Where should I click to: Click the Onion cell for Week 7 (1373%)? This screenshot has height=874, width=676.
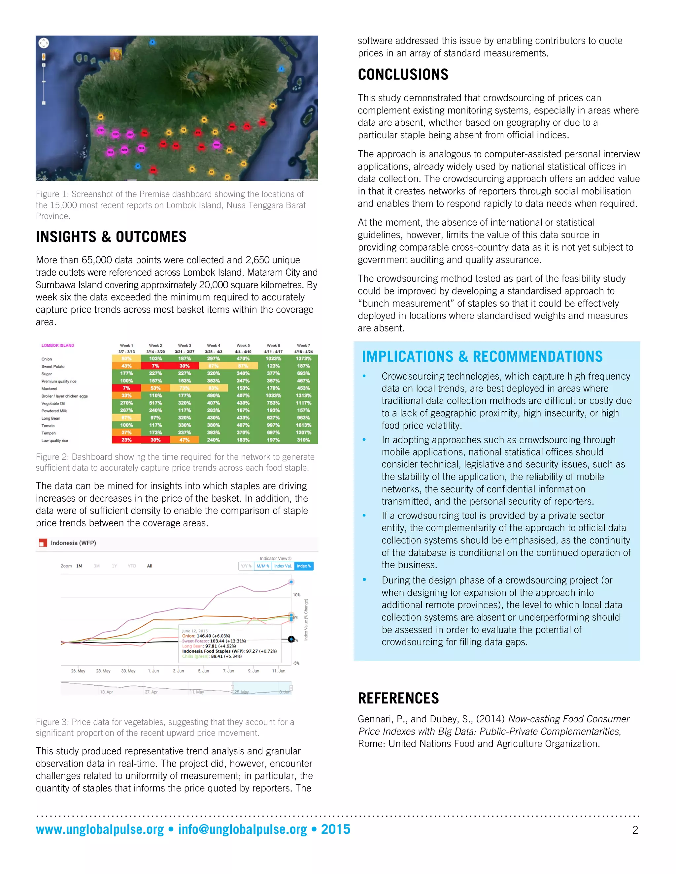(303, 359)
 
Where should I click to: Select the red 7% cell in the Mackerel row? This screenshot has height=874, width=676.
(126, 388)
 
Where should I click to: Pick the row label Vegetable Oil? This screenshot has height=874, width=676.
(53, 403)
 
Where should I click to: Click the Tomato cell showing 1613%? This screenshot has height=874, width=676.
(303, 425)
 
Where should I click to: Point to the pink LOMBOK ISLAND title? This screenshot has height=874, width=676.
(58, 345)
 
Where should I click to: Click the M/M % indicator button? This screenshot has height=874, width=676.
(263, 566)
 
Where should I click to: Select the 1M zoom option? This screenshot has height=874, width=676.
(79, 566)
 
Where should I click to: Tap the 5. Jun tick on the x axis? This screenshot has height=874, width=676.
(203, 671)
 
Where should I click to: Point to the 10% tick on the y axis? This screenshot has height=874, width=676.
(296, 595)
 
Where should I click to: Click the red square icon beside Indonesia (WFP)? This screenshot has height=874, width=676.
(43, 543)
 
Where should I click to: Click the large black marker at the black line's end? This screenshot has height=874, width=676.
(291, 639)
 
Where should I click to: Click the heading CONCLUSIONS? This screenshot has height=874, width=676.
(403, 75)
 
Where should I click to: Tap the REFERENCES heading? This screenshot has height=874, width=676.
(398, 698)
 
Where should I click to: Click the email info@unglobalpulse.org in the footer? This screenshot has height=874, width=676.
(242, 829)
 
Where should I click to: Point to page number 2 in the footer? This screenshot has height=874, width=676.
(635, 830)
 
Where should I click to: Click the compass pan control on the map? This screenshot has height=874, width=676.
(44, 43)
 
